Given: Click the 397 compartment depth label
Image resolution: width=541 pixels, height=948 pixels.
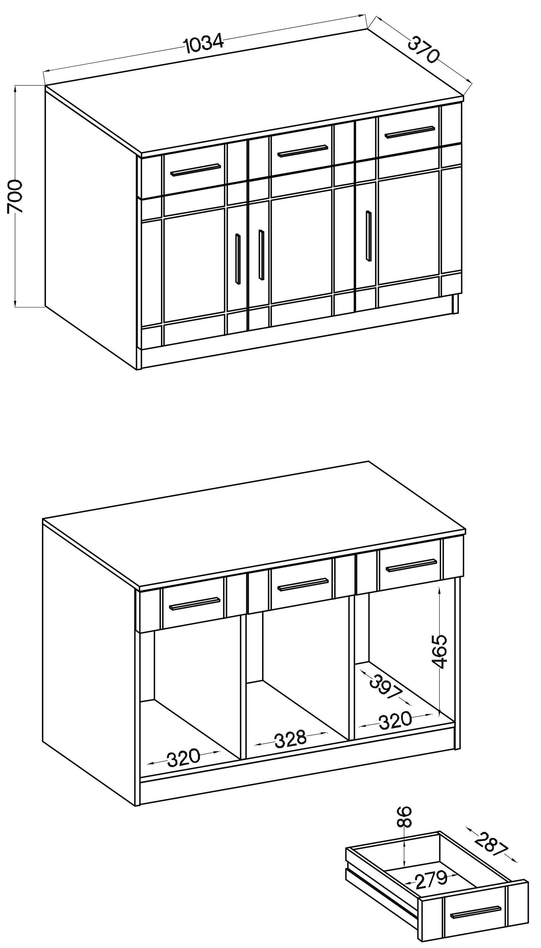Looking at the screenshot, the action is [386, 688].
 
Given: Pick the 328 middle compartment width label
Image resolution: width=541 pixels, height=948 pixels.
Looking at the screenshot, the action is [290, 739].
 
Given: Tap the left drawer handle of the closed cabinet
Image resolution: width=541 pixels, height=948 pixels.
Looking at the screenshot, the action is [195, 169].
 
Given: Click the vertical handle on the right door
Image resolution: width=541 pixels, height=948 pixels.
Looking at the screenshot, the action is [368, 236].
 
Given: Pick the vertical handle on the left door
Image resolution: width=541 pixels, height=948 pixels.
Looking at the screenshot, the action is [238, 259].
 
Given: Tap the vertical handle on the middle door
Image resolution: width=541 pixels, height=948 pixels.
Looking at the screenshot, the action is [261, 255].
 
